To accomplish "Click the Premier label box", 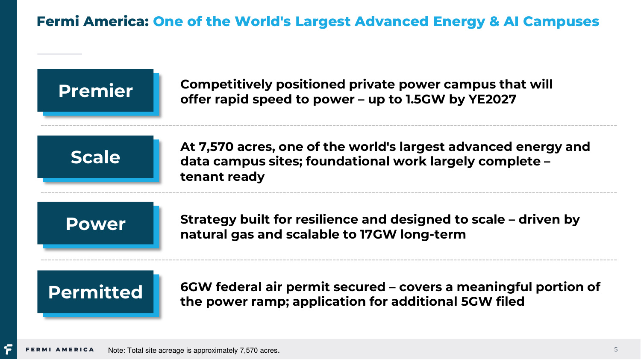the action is [x=95, y=91].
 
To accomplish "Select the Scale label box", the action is [x=95, y=157].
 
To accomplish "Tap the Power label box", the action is [x=95, y=223].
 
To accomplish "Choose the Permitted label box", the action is [x=95, y=292].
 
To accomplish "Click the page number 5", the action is [x=616, y=349].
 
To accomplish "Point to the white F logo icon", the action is [x=8, y=349].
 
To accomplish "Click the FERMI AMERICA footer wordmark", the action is [x=60, y=350].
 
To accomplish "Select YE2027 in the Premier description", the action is [x=492, y=99].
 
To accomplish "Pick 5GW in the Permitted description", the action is [x=477, y=301].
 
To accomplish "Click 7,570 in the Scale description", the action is [x=216, y=147].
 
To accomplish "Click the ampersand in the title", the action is [x=494, y=21].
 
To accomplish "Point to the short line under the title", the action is [x=59, y=54].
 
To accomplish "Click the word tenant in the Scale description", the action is [x=202, y=177].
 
